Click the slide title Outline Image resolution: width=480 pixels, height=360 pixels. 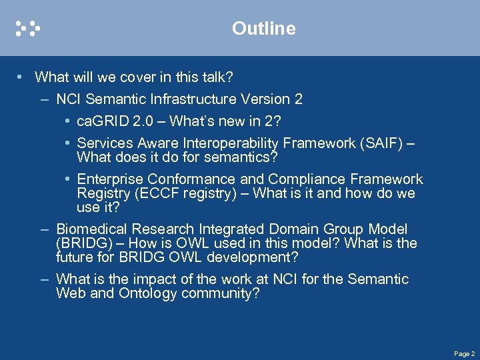click(x=263, y=29)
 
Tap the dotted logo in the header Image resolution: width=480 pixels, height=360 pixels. click(x=28, y=29)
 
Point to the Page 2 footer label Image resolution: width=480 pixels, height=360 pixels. click(x=464, y=353)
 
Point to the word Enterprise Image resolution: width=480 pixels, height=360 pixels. click(x=110, y=179)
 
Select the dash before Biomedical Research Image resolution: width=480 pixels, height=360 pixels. click(x=43, y=229)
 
